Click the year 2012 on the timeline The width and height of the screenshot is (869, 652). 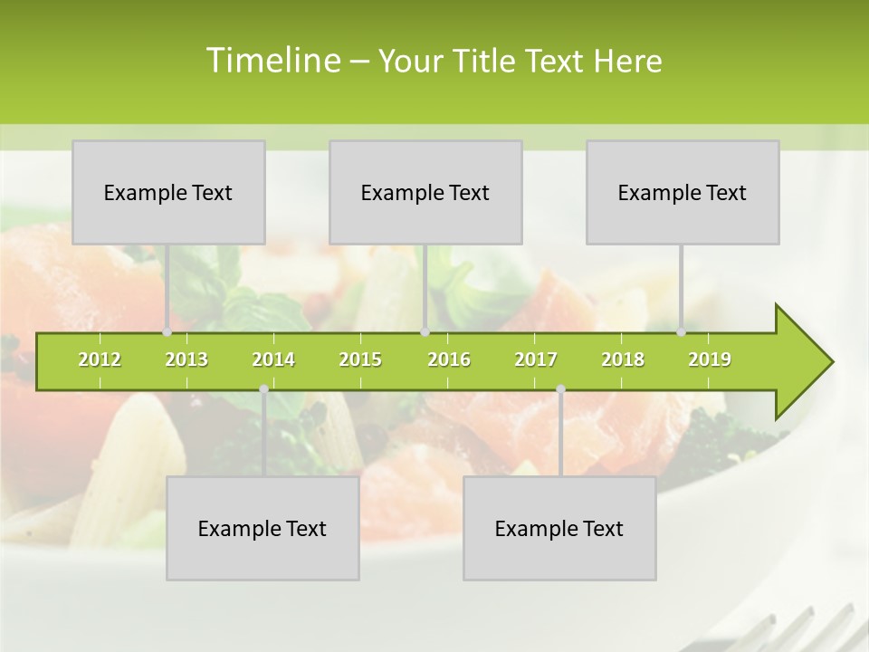[100, 360]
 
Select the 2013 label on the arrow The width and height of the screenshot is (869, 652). [186, 360]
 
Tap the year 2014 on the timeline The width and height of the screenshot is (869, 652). [273, 360]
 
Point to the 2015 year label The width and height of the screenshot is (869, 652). [360, 360]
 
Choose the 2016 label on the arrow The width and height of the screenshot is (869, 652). [449, 360]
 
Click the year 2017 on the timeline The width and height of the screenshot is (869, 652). [536, 360]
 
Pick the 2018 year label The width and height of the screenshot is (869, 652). [623, 360]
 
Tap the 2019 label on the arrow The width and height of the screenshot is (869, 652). [710, 360]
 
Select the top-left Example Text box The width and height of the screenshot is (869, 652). [168, 193]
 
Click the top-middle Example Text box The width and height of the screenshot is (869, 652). [425, 193]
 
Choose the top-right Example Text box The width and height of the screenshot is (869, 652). [683, 193]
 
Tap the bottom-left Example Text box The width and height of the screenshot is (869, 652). [263, 529]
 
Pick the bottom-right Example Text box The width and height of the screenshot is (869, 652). [559, 529]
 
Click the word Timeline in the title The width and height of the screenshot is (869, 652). [272, 61]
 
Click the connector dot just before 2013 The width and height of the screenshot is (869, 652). [167, 332]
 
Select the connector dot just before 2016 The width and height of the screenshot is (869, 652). [425, 332]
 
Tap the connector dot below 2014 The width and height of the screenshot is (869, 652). [263, 389]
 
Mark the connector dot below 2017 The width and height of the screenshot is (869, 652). [560, 389]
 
